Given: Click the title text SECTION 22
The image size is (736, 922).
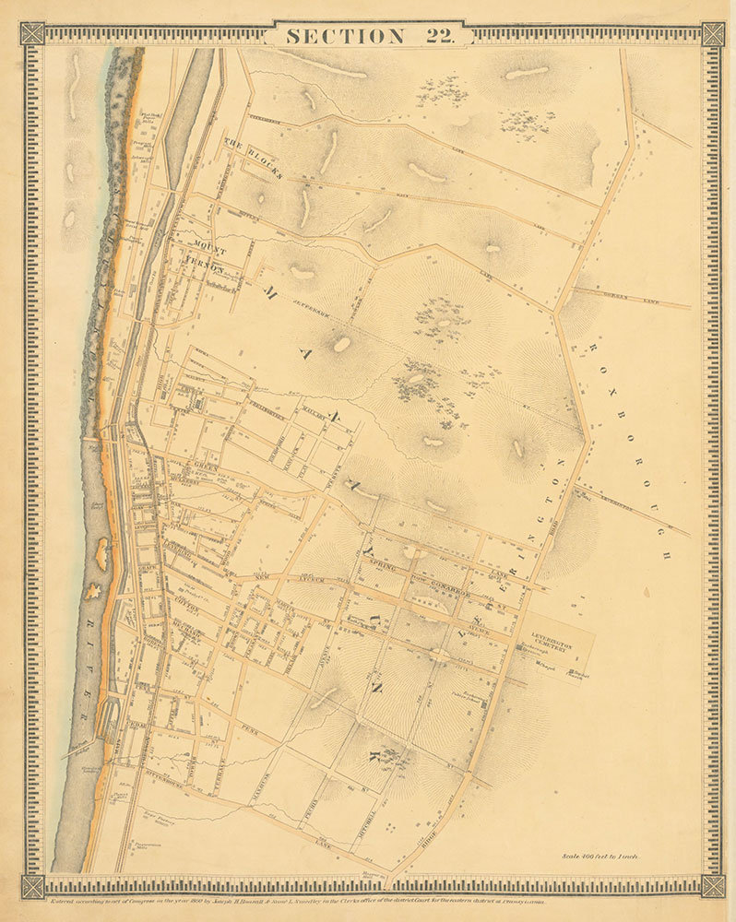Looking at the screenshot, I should pyautogui.click(x=368, y=36).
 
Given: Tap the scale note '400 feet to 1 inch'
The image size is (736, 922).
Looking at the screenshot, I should pyautogui.click(x=599, y=856).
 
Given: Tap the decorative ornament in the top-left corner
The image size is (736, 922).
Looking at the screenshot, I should pyautogui.click(x=32, y=34).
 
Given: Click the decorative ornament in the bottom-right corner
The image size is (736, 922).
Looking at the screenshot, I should pyautogui.click(x=712, y=886).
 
